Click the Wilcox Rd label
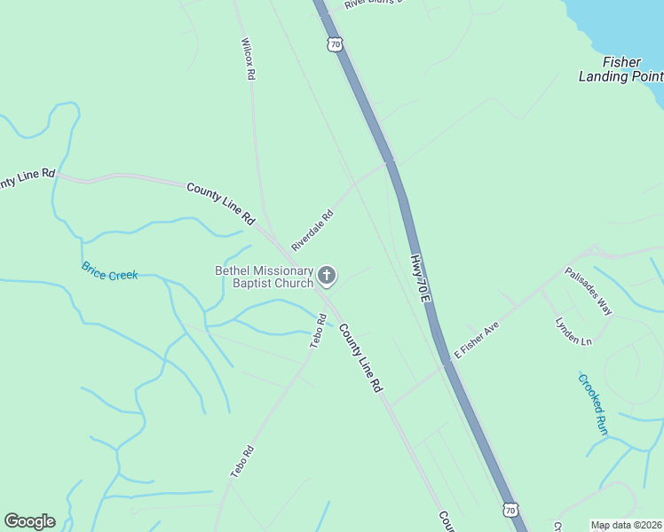click(249, 59)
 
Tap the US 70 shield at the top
click(334, 43)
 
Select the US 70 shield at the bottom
click(510, 509)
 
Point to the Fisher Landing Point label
click(621, 69)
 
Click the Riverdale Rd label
click(312, 230)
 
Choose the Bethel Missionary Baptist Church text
click(265, 277)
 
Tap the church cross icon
click(327, 277)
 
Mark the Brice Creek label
click(110, 271)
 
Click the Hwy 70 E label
click(420, 281)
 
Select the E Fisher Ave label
click(478, 340)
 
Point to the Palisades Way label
click(589, 292)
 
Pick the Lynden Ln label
click(573, 332)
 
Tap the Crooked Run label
click(592, 403)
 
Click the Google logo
click(29, 521)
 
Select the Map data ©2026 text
click(627, 525)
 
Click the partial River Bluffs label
click(373, 4)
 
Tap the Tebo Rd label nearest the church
click(318, 332)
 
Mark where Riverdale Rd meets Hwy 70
click(390, 162)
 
